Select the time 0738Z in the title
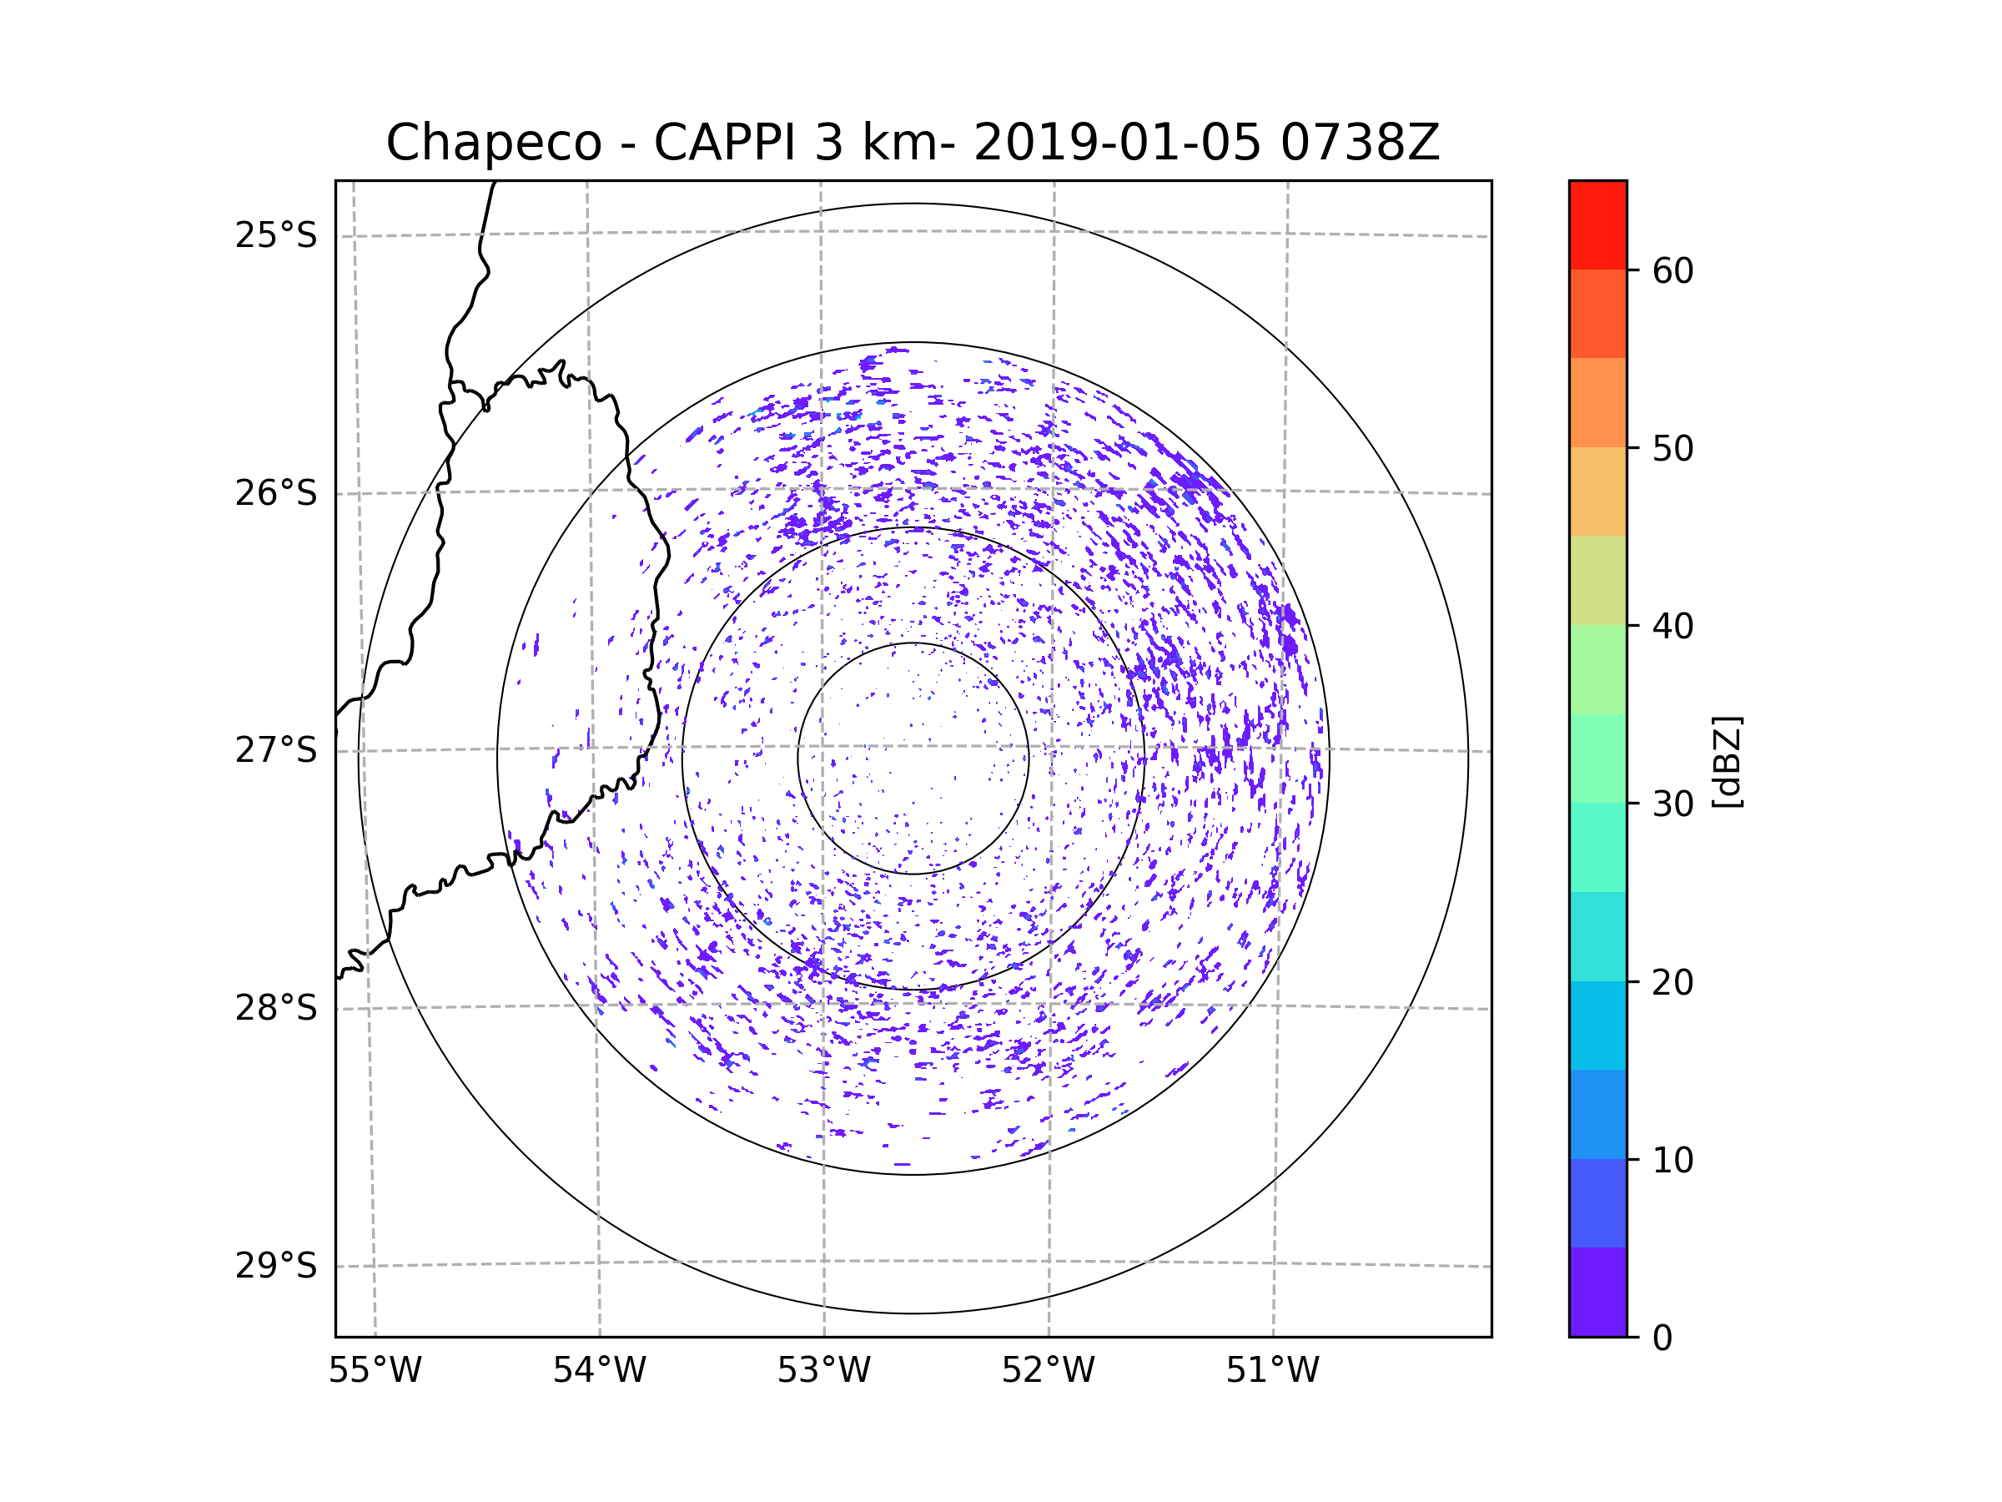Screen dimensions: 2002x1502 [x=1360, y=143]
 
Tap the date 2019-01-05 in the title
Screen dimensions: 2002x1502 [x=1117, y=143]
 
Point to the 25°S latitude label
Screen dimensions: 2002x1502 [x=276, y=235]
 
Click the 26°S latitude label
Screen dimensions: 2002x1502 [x=276, y=493]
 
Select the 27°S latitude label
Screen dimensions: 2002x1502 [x=276, y=750]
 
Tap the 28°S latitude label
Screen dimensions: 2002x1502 [x=276, y=1008]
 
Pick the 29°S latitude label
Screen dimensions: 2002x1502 [x=276, y=1266]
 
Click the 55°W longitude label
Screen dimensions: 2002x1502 [x=375, y=1371]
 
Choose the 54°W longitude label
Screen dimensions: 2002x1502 [x=599, y=1371]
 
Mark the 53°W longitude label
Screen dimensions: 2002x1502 [x=823, y=1371]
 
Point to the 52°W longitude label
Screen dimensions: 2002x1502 [x=1048, y=1371]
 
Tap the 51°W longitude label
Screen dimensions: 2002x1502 [x=1272, y=1371]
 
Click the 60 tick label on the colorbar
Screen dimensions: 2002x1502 [x=1673, y=270]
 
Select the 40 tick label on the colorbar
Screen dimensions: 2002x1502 [x=1673, y=627]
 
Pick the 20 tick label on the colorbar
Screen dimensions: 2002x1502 [x=1673, y=982]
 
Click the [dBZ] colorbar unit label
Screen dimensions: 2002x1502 [x=1728, y=761]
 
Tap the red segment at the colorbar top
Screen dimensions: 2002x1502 [x=1597, y=224]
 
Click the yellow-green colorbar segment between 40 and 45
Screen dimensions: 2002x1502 [x=1597, y=580]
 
